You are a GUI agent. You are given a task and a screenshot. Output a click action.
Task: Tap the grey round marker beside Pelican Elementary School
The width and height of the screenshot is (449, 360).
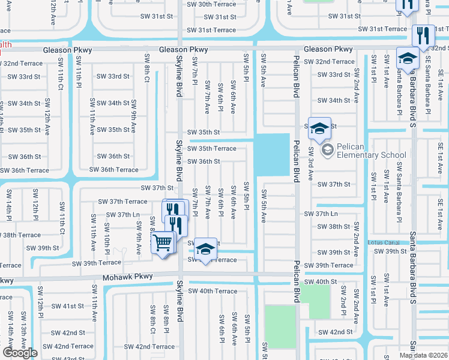pos(327,149)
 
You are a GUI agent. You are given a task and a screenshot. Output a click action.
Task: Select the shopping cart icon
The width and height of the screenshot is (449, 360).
pos(162,244)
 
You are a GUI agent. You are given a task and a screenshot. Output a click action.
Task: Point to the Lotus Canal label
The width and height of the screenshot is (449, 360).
pos(384,242)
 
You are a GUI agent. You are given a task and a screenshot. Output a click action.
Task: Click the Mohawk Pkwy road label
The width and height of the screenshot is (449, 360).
pos(127,277)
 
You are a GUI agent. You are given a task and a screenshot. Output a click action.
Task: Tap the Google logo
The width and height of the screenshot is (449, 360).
pos(20,353)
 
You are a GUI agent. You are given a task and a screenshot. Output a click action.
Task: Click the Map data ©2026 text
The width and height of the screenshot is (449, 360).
pos(424,355)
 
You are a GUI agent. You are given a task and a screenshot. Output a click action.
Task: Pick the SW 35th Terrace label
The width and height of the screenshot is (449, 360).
pos(212,148)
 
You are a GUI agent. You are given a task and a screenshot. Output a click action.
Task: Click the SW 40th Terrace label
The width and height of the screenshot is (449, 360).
pos(213,291)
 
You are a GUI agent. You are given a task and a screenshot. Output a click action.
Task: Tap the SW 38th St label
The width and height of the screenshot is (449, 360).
pos(334,227)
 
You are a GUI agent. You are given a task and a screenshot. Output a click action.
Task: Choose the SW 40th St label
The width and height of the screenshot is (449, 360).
pos(321,281)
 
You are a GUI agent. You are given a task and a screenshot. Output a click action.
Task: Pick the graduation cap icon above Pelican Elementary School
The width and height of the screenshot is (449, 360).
pos(319,128)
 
